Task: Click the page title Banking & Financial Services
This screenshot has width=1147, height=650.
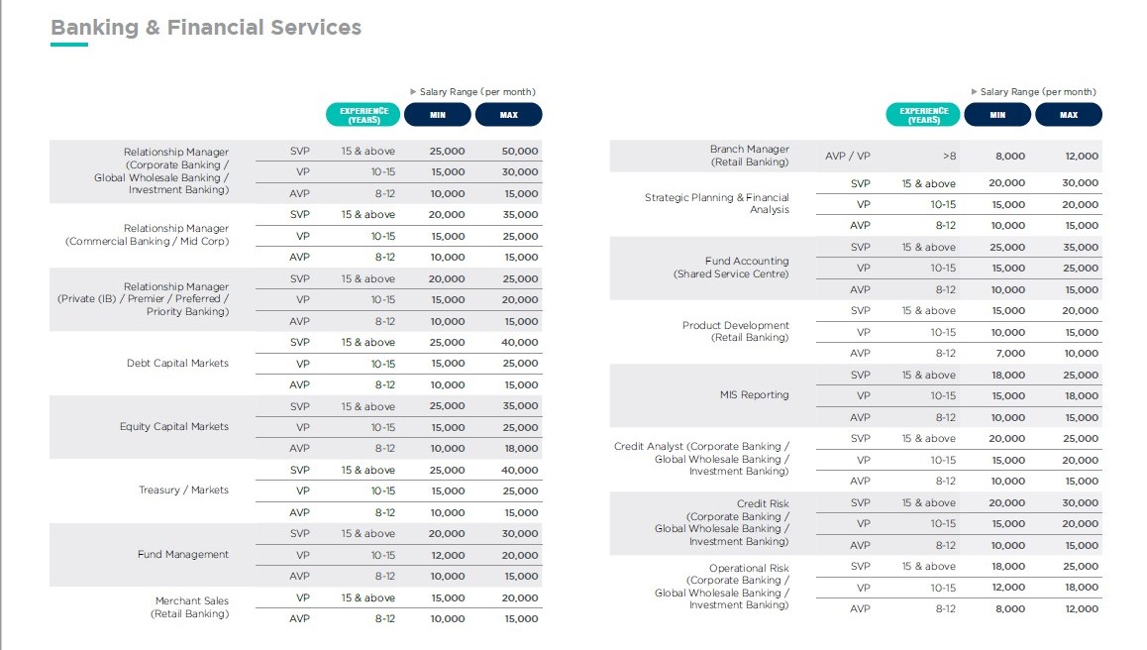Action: [206, 27]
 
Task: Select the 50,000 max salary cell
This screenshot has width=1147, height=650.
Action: [519, 151]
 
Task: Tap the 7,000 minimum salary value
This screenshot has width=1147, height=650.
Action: [1009, 353]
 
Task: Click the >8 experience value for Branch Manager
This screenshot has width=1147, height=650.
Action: [949, 156]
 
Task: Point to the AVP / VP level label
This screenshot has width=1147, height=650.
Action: [847, 156]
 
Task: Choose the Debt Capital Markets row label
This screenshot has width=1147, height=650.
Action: [177, 363]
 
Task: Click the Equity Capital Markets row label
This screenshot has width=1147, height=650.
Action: [174, 427]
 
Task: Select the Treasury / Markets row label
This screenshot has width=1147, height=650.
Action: [183, 490]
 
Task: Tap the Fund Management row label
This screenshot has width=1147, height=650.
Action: [183, 554]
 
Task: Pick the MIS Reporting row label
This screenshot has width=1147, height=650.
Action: [754, 394]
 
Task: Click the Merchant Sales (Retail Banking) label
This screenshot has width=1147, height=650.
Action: [189, 606]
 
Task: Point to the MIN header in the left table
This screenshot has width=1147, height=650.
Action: [438, 115]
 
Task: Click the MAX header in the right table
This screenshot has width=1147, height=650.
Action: [1069, 115]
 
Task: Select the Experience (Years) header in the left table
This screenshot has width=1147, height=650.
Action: [364, 115]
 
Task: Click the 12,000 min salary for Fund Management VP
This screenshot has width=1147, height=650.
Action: [447, 555]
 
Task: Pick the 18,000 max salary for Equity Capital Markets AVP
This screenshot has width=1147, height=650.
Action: [521, 448]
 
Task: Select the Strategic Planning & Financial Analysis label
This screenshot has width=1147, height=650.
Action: [717, 203]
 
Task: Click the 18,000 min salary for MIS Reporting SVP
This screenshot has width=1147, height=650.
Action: [1008, 375]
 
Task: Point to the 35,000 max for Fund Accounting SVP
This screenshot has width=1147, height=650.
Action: [1081, 248]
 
